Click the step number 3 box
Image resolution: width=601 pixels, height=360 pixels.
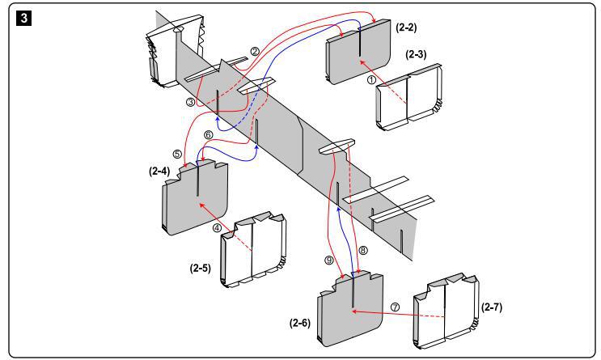[x=15, y=15]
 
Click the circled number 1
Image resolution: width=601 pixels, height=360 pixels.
[x=371, y=80]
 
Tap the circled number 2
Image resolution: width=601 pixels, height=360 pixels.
[x=255, y=51]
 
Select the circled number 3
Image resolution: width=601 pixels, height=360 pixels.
[x=190, y=103]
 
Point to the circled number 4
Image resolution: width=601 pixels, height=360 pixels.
[x=217, y=228]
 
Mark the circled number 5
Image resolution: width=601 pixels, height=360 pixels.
[x=177, y=153]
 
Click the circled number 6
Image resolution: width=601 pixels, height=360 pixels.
[x=208, y=135]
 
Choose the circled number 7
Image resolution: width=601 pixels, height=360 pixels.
[x=395, y=307]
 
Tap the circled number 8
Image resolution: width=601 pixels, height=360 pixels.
[x=362, y=251]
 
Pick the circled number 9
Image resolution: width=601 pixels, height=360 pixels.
[x=328, y=260]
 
